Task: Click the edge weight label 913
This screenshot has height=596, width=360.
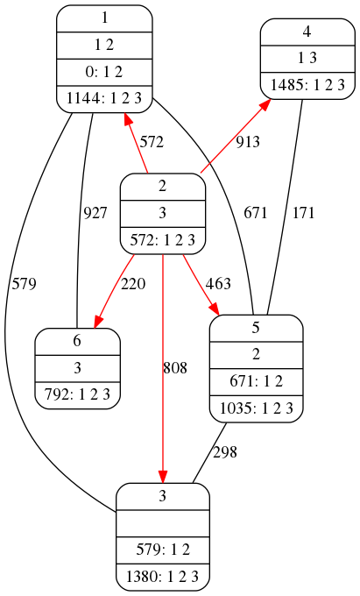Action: click(x=248, y=142)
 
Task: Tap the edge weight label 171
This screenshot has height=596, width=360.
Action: click(x=303, y=213)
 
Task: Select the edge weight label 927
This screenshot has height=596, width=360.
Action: click(x=95, y=213)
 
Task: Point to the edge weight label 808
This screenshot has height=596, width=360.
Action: click(x=175, y=367)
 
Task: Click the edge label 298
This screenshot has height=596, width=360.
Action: click(x=225, y=452)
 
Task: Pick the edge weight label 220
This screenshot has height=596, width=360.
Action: click(x=133, y=284)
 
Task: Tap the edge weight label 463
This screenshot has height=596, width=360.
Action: click(x=218, y=284)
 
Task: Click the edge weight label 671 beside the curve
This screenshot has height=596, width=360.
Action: click(x=256, y=213)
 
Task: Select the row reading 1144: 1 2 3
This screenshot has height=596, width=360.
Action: click(x=104, y=98)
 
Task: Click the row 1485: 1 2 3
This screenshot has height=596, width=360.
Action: click(x=307, y=85)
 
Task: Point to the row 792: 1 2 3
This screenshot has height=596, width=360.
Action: click(x=77, y=395)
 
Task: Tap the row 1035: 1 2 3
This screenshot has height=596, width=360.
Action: click(x=257, y=408)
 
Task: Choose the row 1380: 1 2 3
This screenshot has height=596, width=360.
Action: click(x=163, y=577)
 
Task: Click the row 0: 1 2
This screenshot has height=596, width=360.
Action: click(x=104, y=72)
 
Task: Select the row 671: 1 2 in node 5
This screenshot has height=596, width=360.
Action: click(x=257, y=381)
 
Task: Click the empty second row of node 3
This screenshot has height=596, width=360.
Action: click(x=163, y=523)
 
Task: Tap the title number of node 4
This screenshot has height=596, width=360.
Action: click(x=307, y=32)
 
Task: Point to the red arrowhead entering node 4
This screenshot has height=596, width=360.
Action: click(x=266, y=103)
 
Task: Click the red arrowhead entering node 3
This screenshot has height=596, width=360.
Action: click(x=163, y=476)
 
